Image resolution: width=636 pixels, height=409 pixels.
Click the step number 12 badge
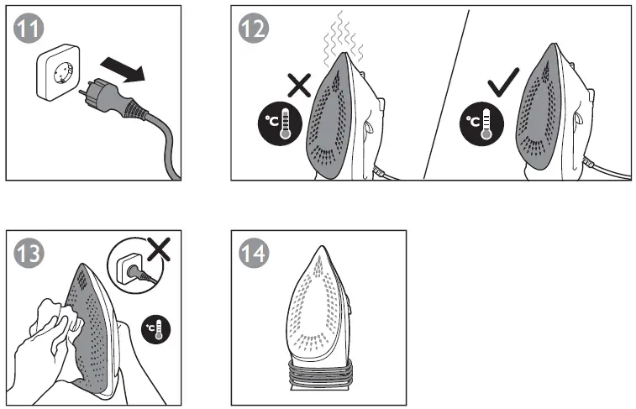tap(254, 29)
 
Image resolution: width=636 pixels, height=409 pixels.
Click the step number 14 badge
tap(254, 252)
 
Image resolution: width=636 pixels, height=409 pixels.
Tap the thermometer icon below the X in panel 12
tap(281, 123)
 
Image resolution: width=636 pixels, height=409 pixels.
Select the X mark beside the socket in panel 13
tap(155, 249)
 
